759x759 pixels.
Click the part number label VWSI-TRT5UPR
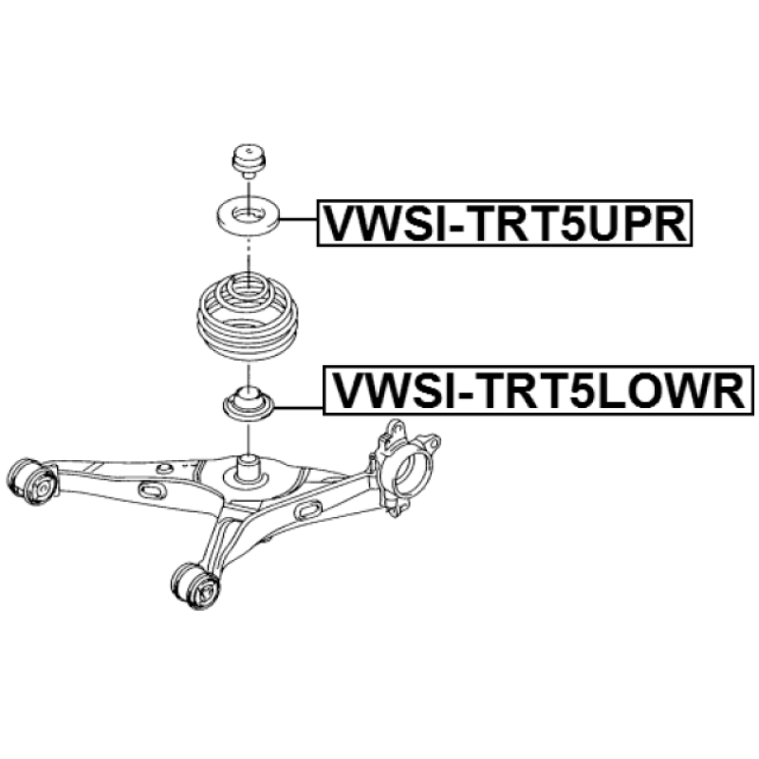(x=504, y=224)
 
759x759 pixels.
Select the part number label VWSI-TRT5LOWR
(x=537, y=391)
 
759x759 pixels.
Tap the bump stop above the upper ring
(x=248, y=159)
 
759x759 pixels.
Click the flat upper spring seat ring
(x=248, y=213)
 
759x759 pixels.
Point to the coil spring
(x=247, y=313)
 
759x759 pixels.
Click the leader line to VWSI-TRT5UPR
(x=298, y=218)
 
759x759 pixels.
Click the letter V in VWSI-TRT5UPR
(x=338, y=224)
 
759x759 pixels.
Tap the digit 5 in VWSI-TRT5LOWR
(x=571, y=391)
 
